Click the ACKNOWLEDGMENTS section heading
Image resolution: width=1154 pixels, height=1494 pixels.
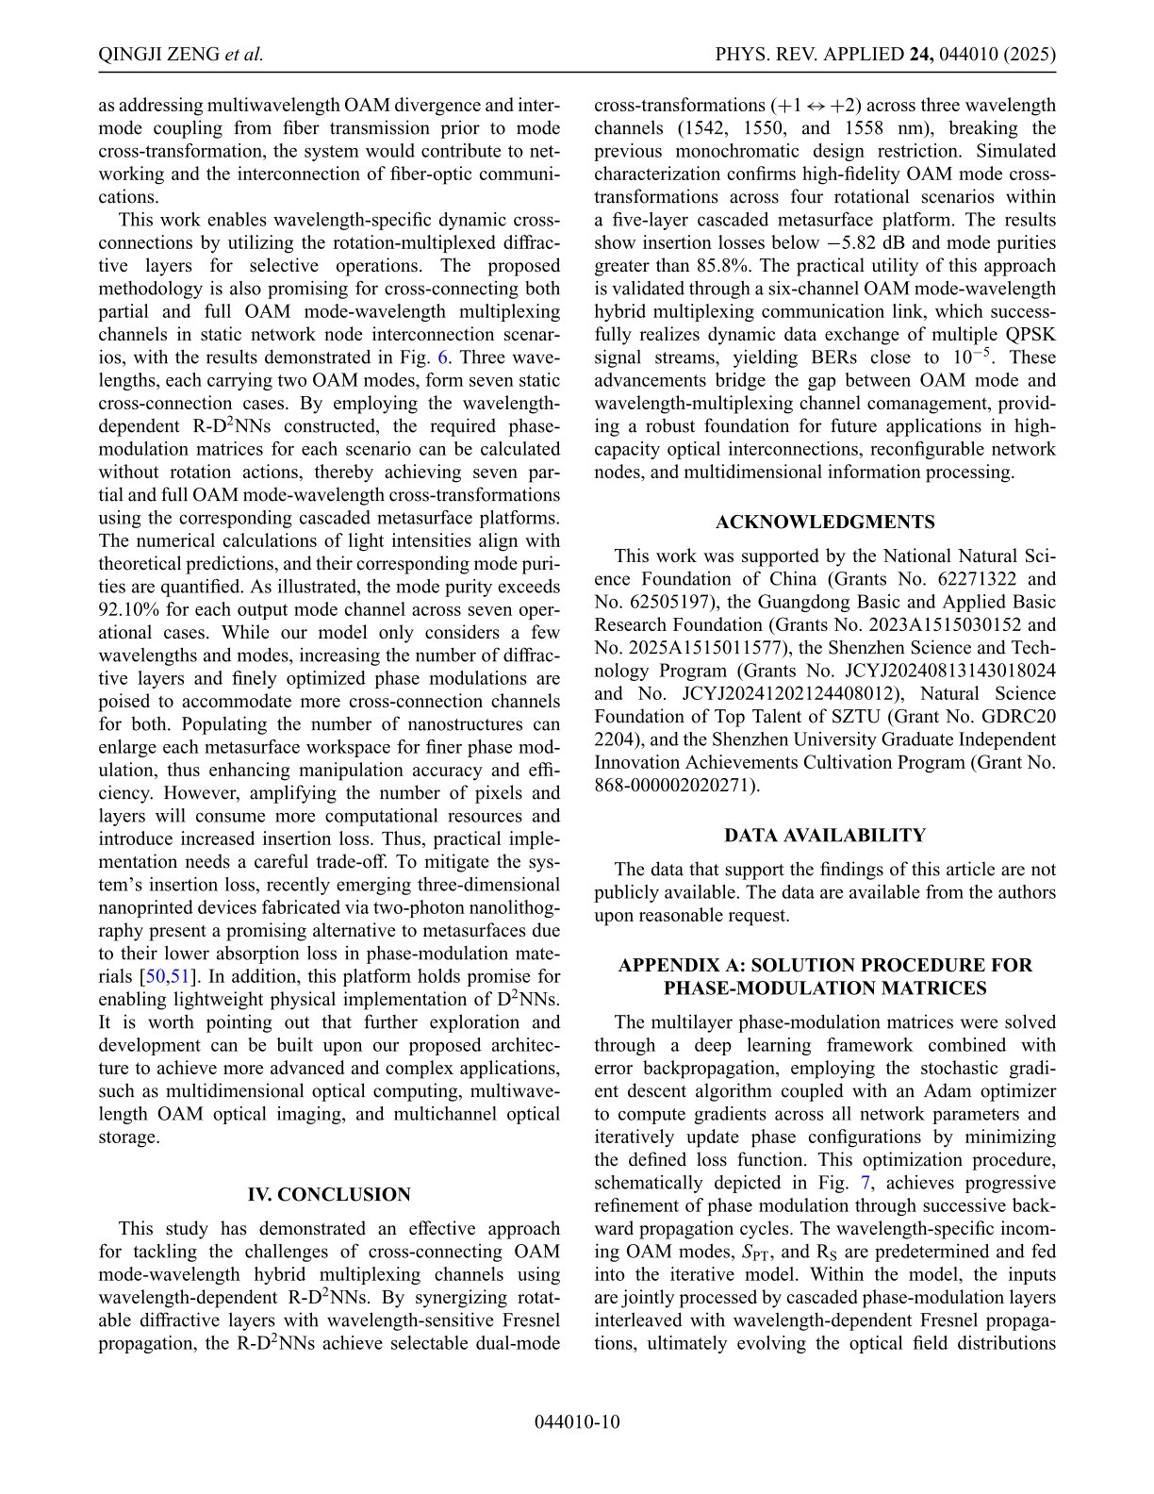(825, 523)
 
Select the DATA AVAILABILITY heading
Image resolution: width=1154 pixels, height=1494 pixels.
(825, 836)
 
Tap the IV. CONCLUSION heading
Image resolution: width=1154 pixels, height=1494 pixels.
(329, 1195)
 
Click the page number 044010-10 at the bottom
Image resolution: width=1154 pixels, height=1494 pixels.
(577, 1422)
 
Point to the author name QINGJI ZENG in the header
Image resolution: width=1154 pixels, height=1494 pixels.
(158, 55)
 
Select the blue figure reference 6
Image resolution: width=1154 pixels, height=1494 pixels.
(443, 357)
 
